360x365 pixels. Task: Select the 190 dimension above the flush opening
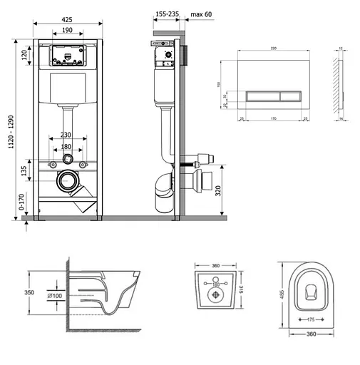point(67,31)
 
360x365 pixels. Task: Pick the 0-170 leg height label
point(21,205)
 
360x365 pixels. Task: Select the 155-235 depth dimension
point(166,12)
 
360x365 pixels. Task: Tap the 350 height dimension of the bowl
point(29,293)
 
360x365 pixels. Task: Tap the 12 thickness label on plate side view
point(341,48)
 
